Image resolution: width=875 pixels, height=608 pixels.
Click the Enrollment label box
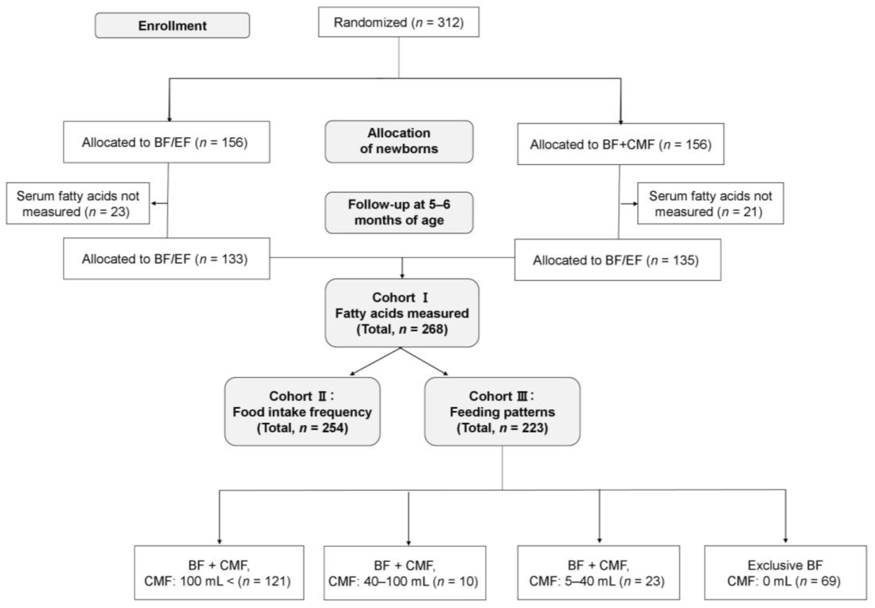[172, 25]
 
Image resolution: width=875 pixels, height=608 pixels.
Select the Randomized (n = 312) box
[398, 22]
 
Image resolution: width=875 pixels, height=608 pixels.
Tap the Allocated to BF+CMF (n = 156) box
[620, 144]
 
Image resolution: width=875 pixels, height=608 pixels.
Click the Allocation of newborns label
[399, 141]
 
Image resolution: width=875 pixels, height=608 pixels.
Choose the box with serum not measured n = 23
[78, 203]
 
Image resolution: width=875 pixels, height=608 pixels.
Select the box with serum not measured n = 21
[710, 203]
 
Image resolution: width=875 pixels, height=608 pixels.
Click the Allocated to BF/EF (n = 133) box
[166, 259]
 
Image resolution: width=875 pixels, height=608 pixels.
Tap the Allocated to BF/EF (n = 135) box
[617, 260]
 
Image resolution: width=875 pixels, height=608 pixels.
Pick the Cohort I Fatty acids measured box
[402, 313]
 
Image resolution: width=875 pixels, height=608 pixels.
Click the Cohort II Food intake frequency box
[302, 411]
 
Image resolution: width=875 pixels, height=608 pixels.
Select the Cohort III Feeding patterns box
[502, 411]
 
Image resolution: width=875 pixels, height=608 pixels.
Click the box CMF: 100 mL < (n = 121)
[219, 573]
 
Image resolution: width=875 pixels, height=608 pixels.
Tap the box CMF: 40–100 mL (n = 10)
[404, 573]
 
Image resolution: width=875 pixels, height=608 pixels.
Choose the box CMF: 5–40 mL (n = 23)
[598, 573]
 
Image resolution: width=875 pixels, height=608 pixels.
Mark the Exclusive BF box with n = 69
[785, 573]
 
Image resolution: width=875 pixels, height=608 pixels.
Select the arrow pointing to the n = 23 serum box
[159, 203]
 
